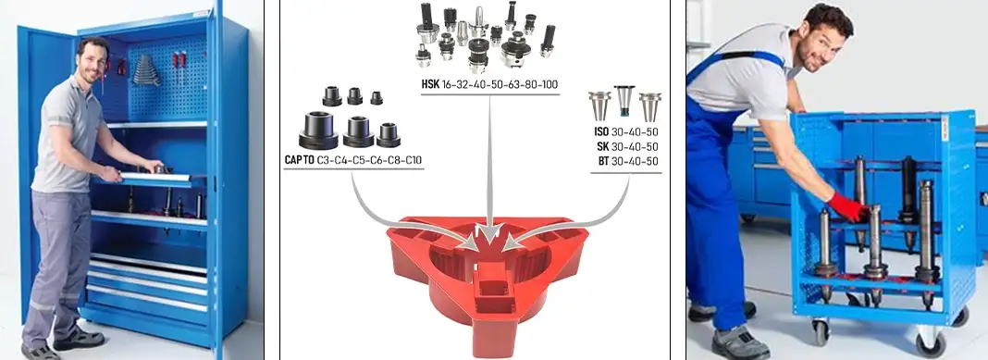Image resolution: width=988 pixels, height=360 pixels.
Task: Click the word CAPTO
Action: click(300, 160)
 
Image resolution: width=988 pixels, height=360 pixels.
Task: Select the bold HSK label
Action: click(430, 84)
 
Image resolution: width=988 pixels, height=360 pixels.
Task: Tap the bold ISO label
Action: click(601, 132)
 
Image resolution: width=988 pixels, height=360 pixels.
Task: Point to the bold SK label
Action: click(603, 147)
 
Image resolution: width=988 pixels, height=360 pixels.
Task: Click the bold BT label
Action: click(604, 161)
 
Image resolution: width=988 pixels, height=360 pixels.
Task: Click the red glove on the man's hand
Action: click(847, 206)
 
